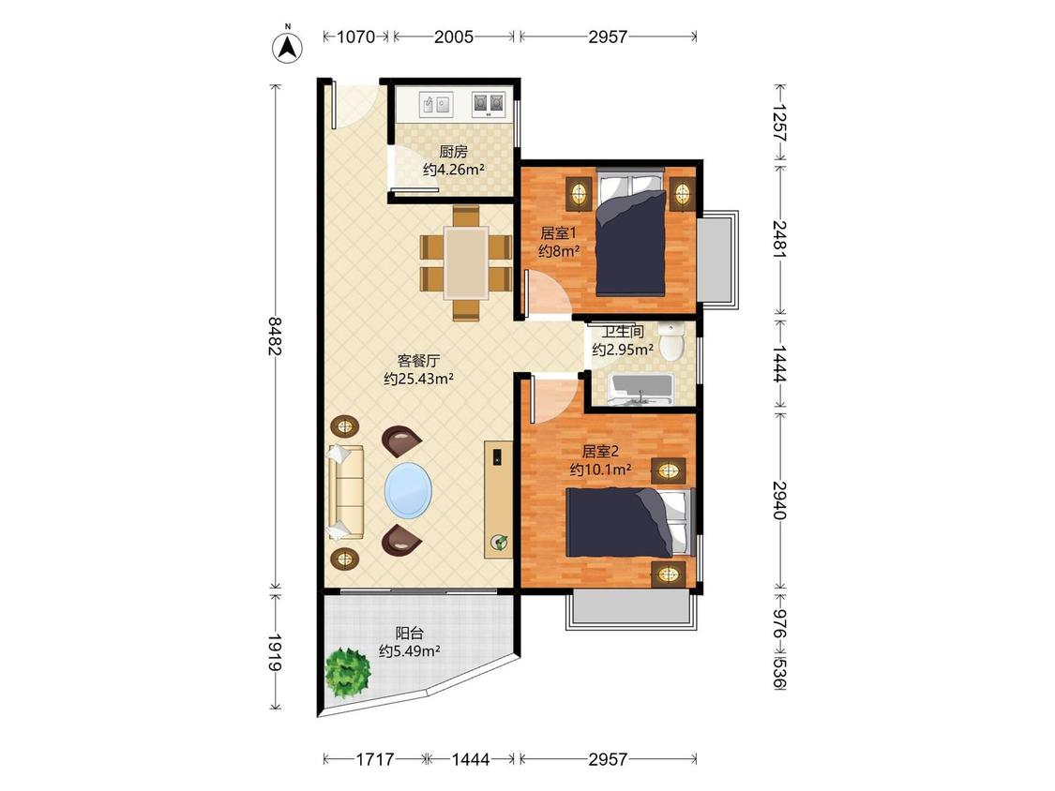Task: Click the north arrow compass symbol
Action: point(287,45)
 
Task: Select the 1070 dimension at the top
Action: point(355,37)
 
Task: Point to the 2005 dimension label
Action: point(454,37)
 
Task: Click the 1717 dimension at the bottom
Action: point(375,759)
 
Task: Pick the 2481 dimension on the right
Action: point(780,239)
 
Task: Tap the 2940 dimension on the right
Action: point(780,500)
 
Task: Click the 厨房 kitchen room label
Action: point(454,152)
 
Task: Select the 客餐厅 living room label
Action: point(418,361)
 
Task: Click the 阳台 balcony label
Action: point(409,633)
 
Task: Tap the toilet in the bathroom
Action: point(671,342)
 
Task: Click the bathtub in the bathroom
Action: point(641,390)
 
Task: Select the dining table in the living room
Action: point(466,263)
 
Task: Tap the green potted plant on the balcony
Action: point(348,673)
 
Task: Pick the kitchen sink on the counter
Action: point(436,104)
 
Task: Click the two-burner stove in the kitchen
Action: point(488,104)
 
